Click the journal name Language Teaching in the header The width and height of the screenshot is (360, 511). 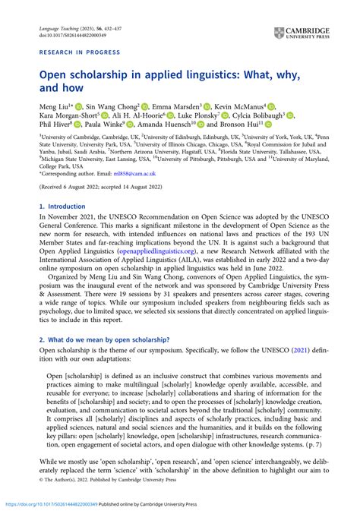tap(57, 27)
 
